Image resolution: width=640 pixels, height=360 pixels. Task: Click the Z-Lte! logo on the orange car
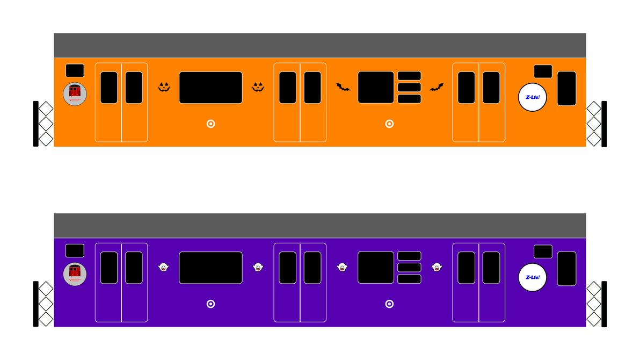tap(532, 97)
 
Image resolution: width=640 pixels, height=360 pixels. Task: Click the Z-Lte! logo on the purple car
tap(532, 277)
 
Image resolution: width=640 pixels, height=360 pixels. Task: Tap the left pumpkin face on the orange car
tap(164, 87)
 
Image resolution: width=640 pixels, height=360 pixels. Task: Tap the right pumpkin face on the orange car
tap(258, 87)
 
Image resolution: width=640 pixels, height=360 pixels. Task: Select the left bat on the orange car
tap(343, 87)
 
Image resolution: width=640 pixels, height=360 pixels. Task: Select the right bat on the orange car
tap(437, 87)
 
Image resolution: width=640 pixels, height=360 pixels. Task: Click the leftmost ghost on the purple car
tap(164, 267)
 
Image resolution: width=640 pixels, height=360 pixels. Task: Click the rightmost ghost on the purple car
tap(437, 267)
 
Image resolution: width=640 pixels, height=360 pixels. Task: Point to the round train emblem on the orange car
tap(75, 94)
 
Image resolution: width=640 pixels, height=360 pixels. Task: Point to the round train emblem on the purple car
tap(75, 274)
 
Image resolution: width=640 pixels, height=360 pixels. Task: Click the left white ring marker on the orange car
tap(210, 124)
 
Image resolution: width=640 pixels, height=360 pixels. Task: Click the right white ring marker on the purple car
tap(389, 304)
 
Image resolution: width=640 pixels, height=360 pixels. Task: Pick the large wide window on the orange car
tap(210, 88)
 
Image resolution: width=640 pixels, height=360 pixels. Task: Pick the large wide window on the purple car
tap(210, 268)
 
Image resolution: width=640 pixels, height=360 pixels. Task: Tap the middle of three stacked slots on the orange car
tap(409, 87)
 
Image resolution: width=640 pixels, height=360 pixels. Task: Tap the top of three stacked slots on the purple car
tap(409, 256)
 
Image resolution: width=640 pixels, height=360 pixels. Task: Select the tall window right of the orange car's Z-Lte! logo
tap(566, 88)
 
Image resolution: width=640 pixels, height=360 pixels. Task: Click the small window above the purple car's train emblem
tap(75, 250)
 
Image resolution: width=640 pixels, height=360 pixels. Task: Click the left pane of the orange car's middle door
tap(288, 88)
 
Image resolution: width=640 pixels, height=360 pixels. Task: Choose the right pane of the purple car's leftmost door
tap(134, 268)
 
